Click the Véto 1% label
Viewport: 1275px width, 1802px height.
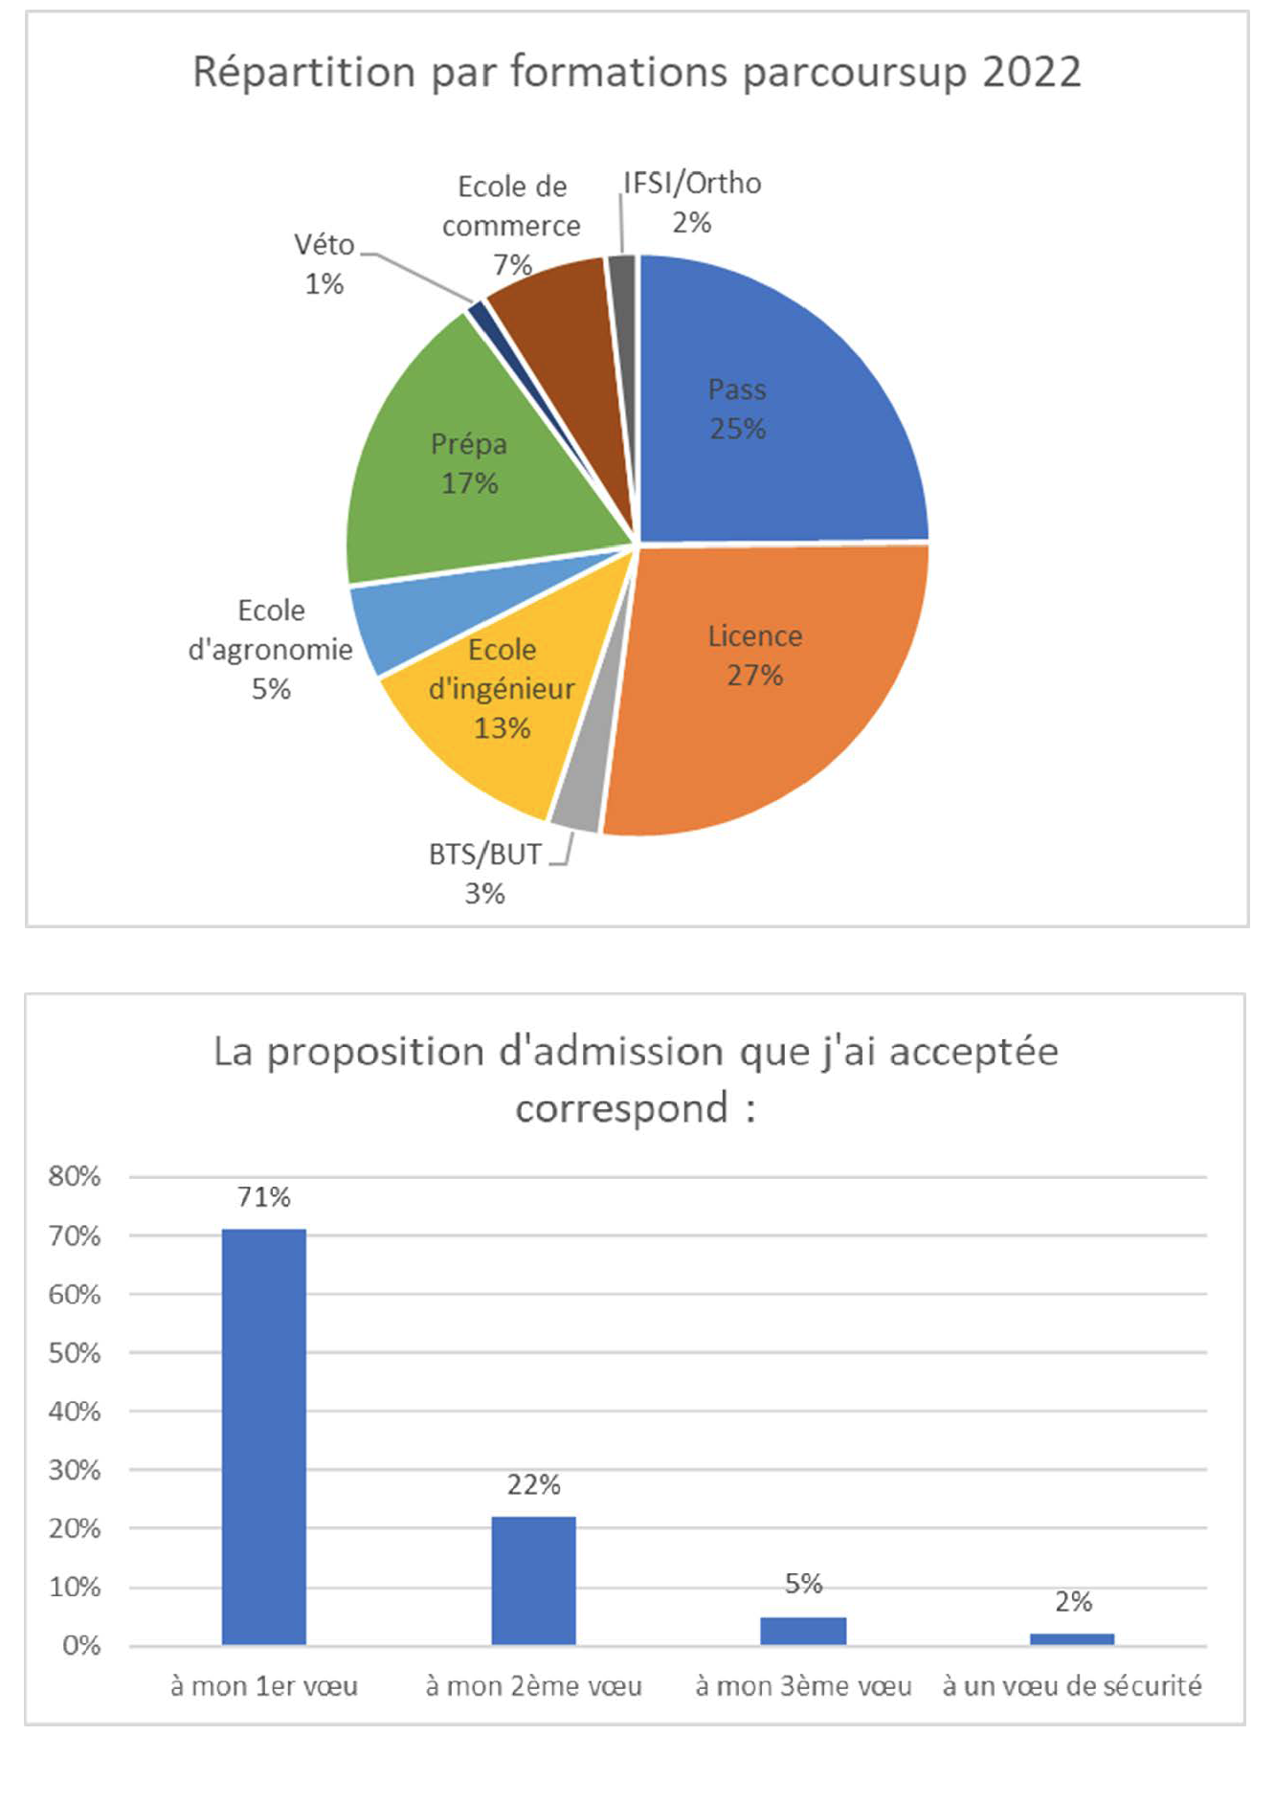pyautogui.click(x=324, y=264)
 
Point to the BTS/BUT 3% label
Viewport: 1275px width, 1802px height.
pyautogui.click(x=484, y=873)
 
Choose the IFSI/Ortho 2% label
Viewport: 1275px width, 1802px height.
pyautogui.click(x=692, y=202)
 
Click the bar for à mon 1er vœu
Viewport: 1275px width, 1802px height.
pyautogui.click(x=264, y=1435)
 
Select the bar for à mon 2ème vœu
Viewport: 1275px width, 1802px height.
pyautogui.click(x=533, y=1580)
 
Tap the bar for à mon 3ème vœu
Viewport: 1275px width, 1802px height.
pyautogui.click(x=803, y=1630)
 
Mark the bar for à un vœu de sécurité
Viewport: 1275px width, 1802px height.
pyautogui.click(x=1072, y=1638)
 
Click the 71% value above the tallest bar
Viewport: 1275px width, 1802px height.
pyautogui.click(x=264, y=1196)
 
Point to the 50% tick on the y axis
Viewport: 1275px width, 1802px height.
pyautogui.click(x=75, y=1352)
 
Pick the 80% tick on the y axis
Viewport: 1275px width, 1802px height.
pyautogui.click(x=75, y=1176)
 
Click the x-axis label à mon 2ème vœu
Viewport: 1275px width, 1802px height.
pyautogui.click(x=533, y=1685)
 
